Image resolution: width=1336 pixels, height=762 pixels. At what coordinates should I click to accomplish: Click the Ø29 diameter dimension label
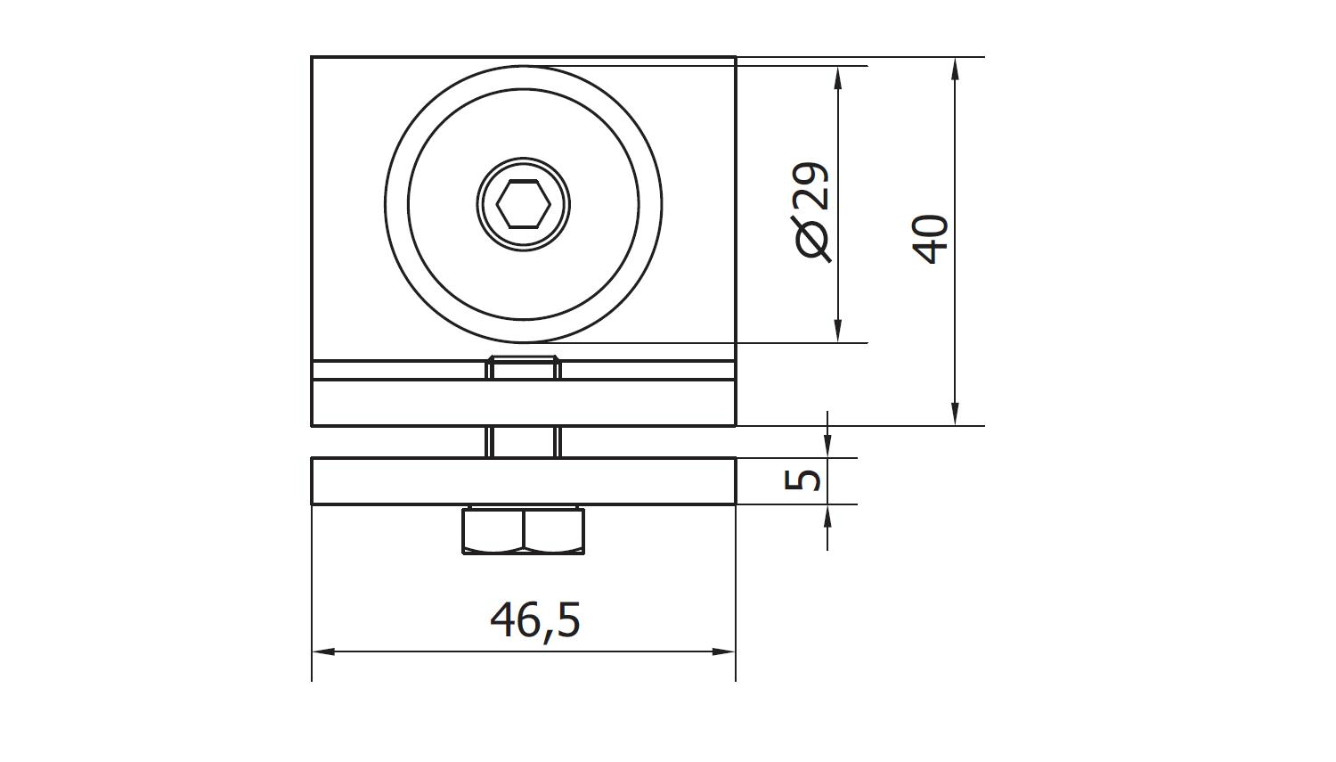click(811, 212)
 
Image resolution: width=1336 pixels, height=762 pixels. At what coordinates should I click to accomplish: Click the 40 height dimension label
click(931, 239)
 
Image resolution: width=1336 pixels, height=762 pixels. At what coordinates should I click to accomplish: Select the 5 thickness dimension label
click(802, 480)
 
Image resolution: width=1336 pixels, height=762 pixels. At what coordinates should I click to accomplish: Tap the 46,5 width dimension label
click(535, 621)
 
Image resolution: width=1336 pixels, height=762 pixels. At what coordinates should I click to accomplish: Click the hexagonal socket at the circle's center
click(523, 205)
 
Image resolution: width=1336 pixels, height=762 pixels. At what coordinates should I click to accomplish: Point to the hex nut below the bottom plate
click(524, 530)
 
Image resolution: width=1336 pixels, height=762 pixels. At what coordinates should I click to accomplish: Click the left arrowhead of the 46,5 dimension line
click(322, 651)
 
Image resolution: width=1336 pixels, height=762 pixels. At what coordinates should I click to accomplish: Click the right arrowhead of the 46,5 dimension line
click(725, 651)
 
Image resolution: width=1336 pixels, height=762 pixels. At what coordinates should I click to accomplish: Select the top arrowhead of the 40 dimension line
click(955, 69)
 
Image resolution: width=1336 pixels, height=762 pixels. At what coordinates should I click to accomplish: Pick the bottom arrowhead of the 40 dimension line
click(955, 414)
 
